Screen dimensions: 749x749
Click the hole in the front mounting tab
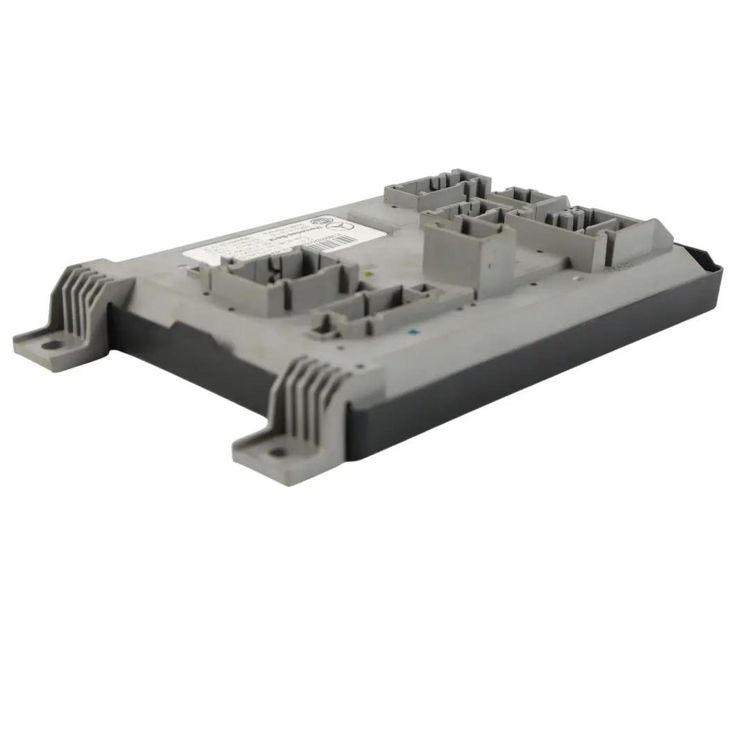278,452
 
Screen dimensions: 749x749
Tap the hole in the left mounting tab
51,342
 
